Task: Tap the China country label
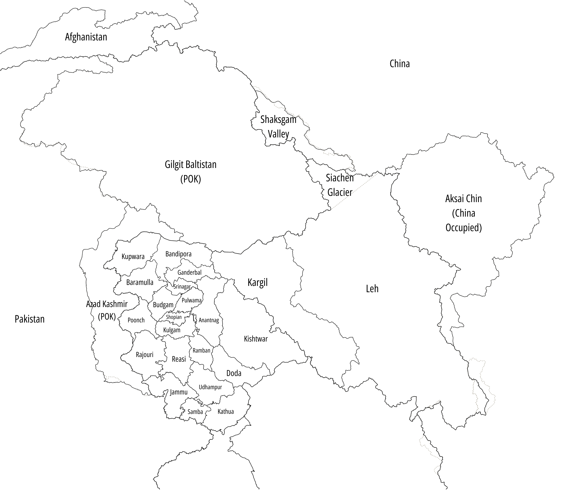[400, 64]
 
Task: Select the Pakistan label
[29, 319]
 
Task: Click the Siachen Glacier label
[340, 185]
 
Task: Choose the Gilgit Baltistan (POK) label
[191, 172]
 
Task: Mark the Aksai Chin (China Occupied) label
[463, 213]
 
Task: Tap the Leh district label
[372, 289]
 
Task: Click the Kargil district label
[258, 282]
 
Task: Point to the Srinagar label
[182, 287]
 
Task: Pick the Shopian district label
[174, 317]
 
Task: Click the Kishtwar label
[256, 339]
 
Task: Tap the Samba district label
[195, 412]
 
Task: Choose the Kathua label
[226, 411]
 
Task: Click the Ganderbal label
[189, 273]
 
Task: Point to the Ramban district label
[201, 351]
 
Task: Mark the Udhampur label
[210, 387]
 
